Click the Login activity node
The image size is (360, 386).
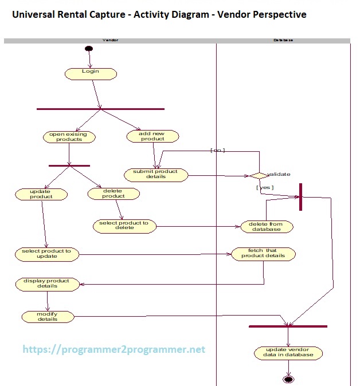[x=91, y=73]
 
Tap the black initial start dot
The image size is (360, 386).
[x=89, y=49]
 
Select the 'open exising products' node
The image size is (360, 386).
[x=69, y=137]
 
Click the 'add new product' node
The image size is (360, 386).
[x=152, y=136]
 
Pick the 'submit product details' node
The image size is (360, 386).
[x=156, y=175]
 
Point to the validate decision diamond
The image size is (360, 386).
[x=258, y=175]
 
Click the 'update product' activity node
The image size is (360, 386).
[x=41, y=194]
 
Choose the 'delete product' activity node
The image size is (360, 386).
[x=114, y=194]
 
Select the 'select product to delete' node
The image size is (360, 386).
[x=124, y=226]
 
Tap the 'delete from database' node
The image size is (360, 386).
[x=267, y=226]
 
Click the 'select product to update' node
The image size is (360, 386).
[x=47, y=254]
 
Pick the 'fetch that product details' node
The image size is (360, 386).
[x=263, y=254]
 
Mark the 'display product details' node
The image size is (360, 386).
[x=46, y=283]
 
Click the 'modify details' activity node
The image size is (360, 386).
[x=48, y=316]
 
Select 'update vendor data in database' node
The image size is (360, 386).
[x=288, y=352]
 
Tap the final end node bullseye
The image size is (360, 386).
[x=288, y=379]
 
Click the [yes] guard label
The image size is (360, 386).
[x=264, y=187]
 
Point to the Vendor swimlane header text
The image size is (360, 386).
[x=110, y=41]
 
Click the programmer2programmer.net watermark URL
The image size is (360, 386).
[x=114, y=349]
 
